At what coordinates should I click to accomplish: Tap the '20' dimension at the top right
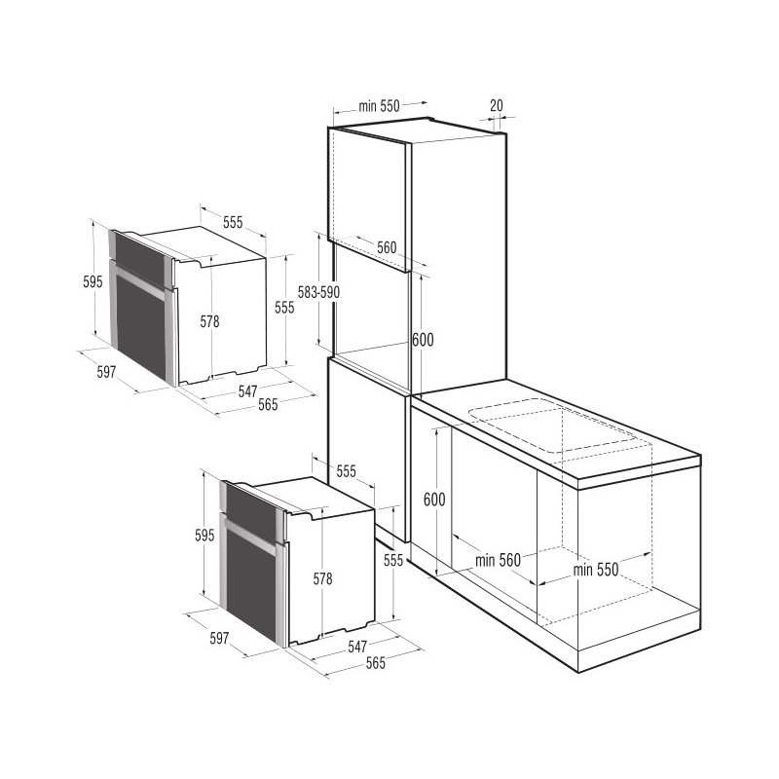tap(497, 105)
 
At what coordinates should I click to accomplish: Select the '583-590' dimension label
tap(316, 291)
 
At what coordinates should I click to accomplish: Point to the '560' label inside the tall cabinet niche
tap(387, 247)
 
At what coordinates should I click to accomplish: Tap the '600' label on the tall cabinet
tap(422, 340)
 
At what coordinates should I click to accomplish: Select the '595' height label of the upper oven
tap(93, 282)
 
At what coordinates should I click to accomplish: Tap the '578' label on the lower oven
tap(322, 578)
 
